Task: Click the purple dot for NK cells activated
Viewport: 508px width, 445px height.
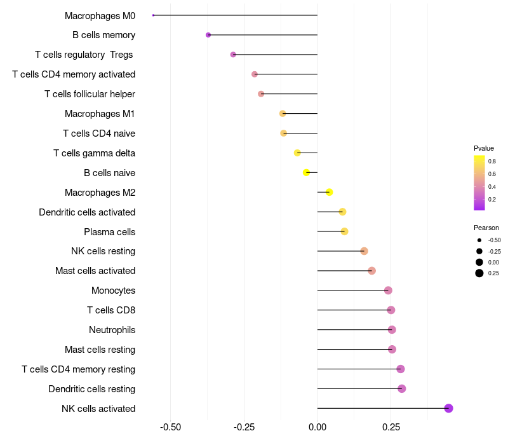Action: pyautogui.click(x=448, y=408)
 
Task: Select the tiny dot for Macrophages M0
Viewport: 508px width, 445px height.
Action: pyautogui.click(x=154, y=15)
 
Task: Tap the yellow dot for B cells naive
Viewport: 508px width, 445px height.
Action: pyautogui.click(x=307, y=172)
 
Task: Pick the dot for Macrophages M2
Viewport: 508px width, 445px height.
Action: pyautogui.click(x=329, y=192)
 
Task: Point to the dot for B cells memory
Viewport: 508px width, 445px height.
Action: pyautogui.click(x=208, y=35)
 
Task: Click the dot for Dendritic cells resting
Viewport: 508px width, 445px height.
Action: pyautogui.click(x=401, y=388)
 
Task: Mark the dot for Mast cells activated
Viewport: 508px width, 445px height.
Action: pyautogui.click(x=371, y=271)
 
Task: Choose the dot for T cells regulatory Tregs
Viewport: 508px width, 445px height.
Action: pyautogui.click(x=233, y=55)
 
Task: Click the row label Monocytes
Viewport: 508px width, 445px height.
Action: pyautogui.click(x=113, y=291)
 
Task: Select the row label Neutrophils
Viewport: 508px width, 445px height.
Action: pyautogui.click(x=112, y=330)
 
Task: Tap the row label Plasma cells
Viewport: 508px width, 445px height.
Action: pyautogui.click(x=109, y=231)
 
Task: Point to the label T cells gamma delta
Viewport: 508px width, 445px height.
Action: pyautogui.click(x=94, y=153)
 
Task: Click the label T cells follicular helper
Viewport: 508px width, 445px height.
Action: pyautogui.click(x=90, y=94)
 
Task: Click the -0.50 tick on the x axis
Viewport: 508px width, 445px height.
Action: pyautogui.click(x=171, y=427)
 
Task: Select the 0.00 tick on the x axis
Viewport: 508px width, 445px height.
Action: pyautogui.click(x=317, y=427)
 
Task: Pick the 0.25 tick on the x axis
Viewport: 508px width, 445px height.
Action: pyautogui.click(x=391, y=427)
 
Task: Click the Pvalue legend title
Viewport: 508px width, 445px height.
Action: pyautogui.click(x=484, y=148)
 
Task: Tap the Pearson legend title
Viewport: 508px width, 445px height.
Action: pyautogui.click(x=486, y=228)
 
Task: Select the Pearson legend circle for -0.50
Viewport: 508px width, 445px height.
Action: pyautogui.click(x=479, y=240)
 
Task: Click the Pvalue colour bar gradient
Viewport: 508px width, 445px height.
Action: pyautogui.click(x=479, y=182)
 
